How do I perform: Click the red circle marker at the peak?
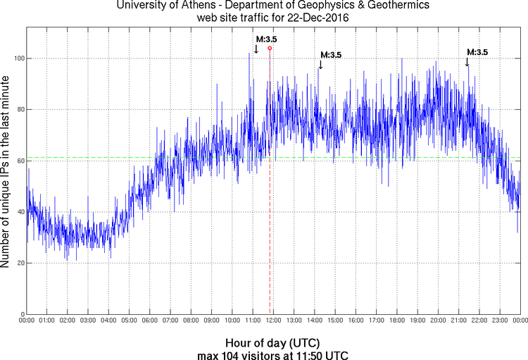click(x=270, y=49)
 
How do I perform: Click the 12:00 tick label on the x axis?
click(x=272, y=321)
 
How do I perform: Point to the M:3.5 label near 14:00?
click(x=331, y=54)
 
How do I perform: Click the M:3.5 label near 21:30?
click(x=477, y=51)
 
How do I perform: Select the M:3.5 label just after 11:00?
click(x=266, y=39)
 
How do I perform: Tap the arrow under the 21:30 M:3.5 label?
click(x=467, y=63)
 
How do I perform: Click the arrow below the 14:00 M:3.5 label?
click(x=320, y=65)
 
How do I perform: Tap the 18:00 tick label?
click(x=396, y=321)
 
